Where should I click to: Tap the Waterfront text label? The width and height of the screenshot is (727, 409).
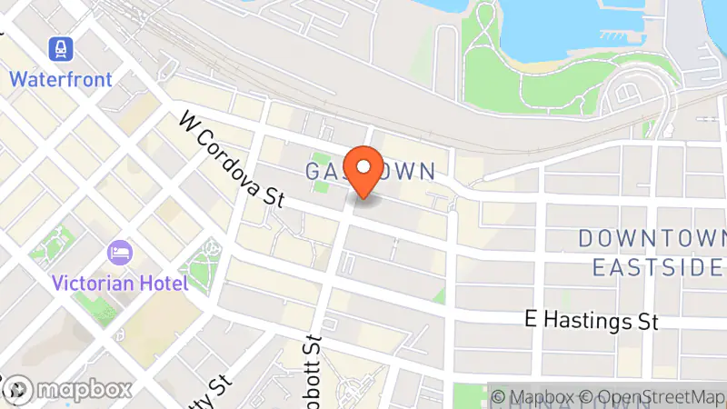[x=62, y=79]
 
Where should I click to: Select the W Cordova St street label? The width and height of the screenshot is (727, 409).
[x=232, y=158]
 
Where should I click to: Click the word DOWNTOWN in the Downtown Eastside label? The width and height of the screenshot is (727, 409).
[x=649, y=239]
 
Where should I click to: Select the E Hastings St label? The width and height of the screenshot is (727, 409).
[x=592, y=320]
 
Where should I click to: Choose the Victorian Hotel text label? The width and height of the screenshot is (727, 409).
[x=120, y=283]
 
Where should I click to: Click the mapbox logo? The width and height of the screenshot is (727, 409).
[x=67, y=390]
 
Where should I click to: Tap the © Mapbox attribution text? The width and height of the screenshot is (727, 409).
[x=534, y=397]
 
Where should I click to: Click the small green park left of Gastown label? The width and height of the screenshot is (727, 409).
[x=320, y=173]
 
